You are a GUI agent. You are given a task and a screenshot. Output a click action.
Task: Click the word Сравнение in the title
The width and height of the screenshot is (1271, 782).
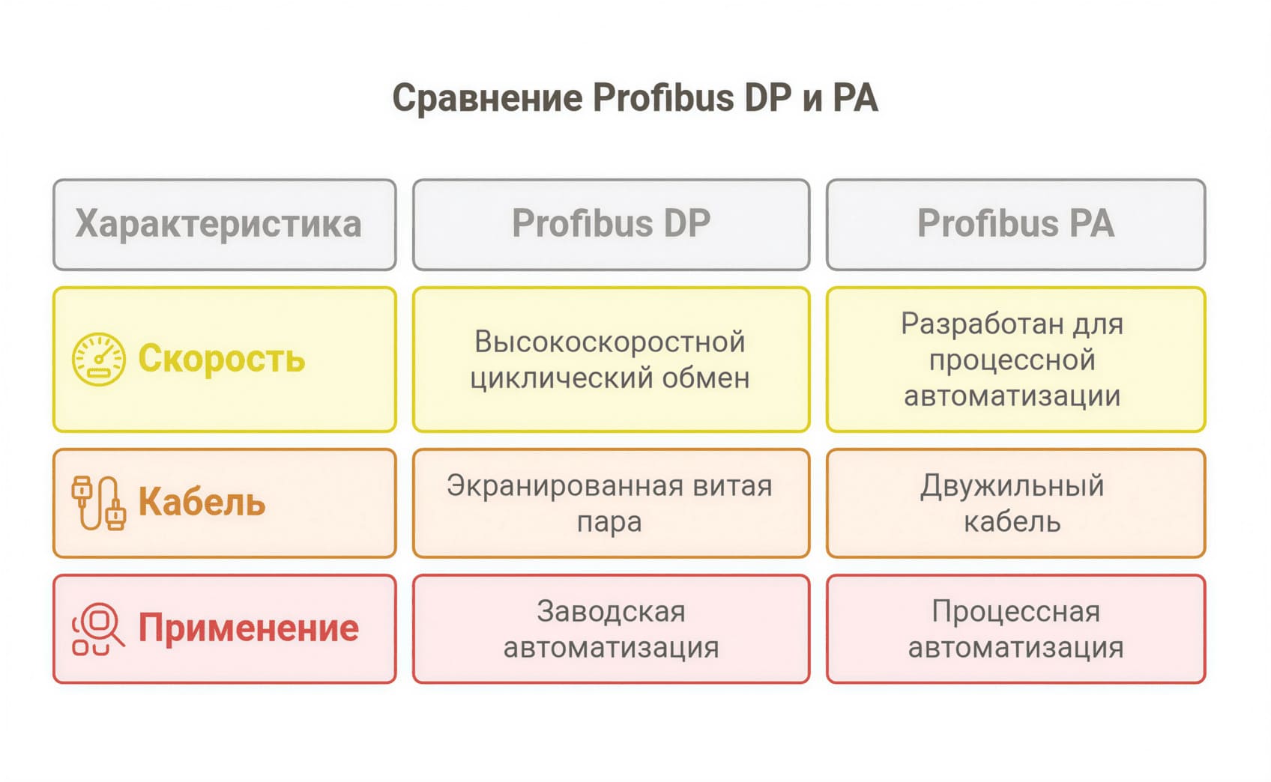coord(487,98)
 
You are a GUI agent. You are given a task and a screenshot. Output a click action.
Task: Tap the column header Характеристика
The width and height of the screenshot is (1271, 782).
coord(218,224)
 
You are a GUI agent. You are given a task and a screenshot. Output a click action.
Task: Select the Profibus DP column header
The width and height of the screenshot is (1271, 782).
coord(611,224)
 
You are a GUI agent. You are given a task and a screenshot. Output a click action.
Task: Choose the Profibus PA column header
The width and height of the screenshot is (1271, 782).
coord(1015,224)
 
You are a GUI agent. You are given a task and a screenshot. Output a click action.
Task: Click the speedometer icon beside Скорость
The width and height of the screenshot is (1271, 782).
coord(98,360)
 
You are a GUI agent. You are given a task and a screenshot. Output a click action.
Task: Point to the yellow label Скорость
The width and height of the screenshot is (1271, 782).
coord(222,359)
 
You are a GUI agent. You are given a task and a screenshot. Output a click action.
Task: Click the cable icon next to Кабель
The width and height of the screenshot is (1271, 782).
coord(98,503)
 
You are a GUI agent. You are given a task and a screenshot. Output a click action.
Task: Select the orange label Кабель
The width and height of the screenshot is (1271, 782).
coord(202,503)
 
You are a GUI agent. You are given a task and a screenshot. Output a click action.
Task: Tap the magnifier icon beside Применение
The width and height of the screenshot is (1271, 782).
coord(98,629)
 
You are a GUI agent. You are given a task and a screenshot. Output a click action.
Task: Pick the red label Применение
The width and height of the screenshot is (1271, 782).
coord(248,628)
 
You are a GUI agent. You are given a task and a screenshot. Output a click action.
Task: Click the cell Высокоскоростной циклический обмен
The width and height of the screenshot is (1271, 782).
coord(611,360)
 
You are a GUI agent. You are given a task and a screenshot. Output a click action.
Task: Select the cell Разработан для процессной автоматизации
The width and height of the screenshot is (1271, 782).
coord(1015,360)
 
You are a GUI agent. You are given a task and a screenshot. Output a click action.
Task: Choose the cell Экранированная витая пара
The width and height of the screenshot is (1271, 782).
coord(611,503)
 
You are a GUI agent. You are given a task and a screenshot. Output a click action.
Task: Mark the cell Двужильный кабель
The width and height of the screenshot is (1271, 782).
coord(1015,503)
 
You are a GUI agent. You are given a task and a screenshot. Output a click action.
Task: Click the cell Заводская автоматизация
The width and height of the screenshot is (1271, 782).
coord(611,629)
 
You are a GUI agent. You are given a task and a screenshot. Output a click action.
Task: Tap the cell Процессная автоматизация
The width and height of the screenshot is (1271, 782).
coord(1015,629)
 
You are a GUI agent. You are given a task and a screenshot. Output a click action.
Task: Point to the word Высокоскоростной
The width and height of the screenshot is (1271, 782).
coord(609,342)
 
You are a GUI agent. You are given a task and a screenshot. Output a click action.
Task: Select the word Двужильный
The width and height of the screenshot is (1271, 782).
coord(1012,486)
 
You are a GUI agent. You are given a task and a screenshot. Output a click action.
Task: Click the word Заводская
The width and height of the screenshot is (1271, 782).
coord(611,612)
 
